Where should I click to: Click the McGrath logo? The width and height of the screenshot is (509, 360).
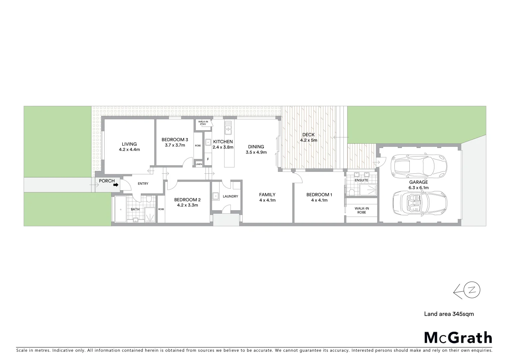click(458, 337)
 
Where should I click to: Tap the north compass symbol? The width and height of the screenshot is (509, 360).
click(467, 290)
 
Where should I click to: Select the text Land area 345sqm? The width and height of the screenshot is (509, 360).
click(448, 314)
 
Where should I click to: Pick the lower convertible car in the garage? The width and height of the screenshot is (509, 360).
click(420, 204)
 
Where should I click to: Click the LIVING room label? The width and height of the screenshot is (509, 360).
click(129, 144)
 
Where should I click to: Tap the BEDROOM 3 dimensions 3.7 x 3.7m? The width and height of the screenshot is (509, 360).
click(175, 145)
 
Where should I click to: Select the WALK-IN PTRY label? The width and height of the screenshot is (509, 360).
click(203, 123)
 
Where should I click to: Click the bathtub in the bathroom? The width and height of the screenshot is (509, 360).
click(120, 209)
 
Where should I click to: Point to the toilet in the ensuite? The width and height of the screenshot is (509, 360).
click(352, 192)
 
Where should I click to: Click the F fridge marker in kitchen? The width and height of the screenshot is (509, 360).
click(208, 159)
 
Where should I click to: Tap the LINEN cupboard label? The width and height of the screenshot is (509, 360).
click(199, 164)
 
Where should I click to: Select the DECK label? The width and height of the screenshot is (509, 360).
click(308, 135)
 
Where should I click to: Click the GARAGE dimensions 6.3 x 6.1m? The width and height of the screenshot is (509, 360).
click(418, 188)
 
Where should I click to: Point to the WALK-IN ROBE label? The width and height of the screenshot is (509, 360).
click(361, 210)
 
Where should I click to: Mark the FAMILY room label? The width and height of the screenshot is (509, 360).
click(267, 195)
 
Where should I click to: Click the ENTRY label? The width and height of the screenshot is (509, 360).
click(143, 184)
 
